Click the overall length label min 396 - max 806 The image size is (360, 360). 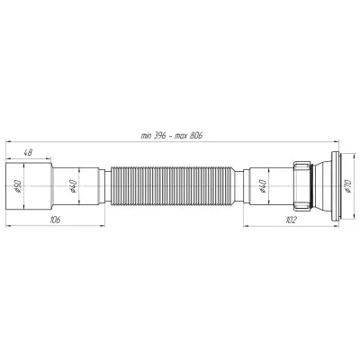click(x=172, y=136)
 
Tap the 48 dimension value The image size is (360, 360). click(x=28, y=152)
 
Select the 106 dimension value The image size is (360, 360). click(x=55, y=220)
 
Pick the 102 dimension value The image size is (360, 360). click(x=291, y=220)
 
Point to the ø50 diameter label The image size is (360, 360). click(x=17, y=186)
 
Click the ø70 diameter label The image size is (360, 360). click(x=347, y=186)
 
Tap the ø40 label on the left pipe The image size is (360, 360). click(x=74, y=186)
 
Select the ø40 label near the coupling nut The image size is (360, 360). click(x=262, y=186)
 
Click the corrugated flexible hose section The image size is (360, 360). click(x=173, y=186)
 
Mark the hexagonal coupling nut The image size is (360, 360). click(x=302, y=186)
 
